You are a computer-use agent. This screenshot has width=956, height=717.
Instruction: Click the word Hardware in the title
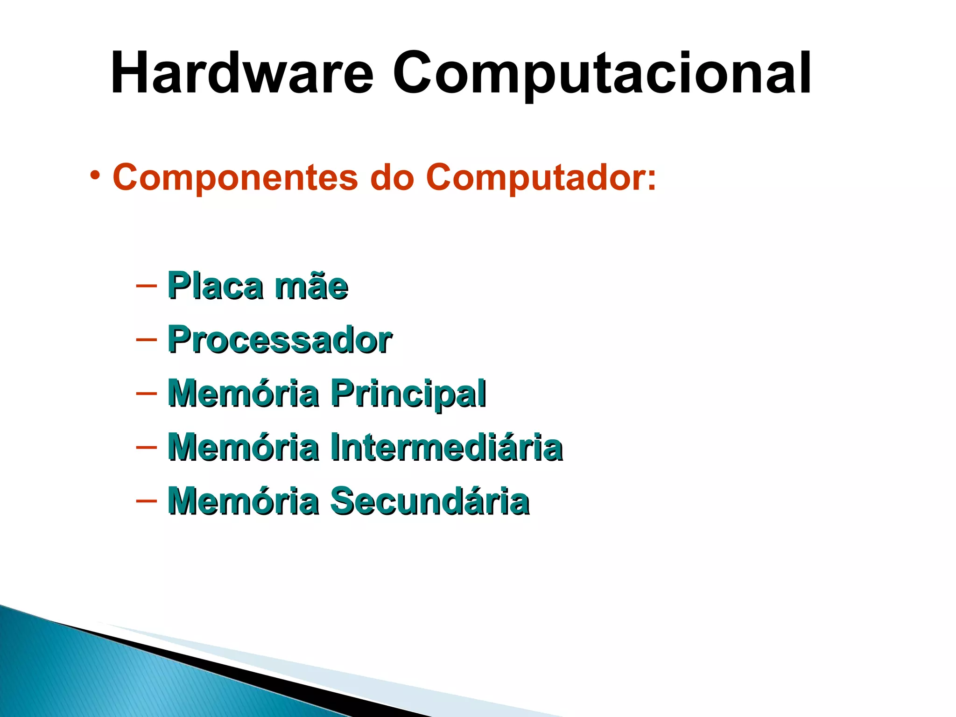click(x=242, y=73)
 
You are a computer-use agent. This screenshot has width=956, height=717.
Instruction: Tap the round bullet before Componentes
click(x=95, y=176)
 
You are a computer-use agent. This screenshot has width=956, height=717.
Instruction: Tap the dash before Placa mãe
click(x=146, y=285)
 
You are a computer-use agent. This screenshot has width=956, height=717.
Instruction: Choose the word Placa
click(x=215, y=285)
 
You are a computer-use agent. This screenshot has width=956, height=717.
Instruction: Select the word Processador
click(x=280, y=339)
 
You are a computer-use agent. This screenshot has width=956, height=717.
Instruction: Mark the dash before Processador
click(x=146, y=339)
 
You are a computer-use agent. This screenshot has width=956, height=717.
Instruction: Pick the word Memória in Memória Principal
click(x=243, y=394)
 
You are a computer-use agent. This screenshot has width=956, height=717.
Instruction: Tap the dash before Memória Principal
click(x=146, y=393)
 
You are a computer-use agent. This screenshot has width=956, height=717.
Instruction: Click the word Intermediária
click(x=446, y=447)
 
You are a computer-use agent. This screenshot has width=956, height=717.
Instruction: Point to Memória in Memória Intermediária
click(x=243, y=447)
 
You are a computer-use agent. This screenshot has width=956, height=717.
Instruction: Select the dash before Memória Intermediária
click(x=146, y=447)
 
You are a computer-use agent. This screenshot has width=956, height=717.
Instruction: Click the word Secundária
click(x=430, y=501)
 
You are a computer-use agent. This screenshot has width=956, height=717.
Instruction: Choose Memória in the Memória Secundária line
click(x=243, y=501)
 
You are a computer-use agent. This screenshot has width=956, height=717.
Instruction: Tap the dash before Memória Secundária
click(x=146, y=501)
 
